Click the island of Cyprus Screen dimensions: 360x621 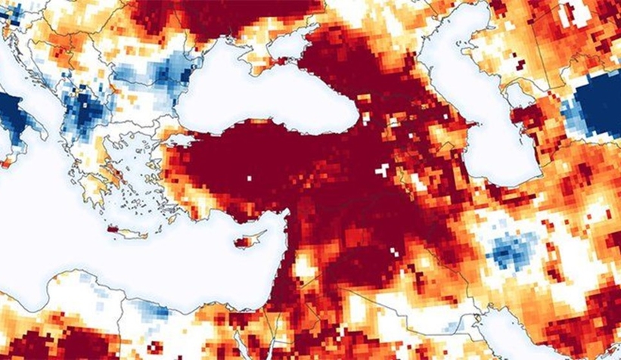point(244,243)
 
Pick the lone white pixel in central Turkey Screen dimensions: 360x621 point(247,178)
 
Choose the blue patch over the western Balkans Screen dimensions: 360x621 point(83,110)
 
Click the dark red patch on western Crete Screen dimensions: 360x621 point(113,229)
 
